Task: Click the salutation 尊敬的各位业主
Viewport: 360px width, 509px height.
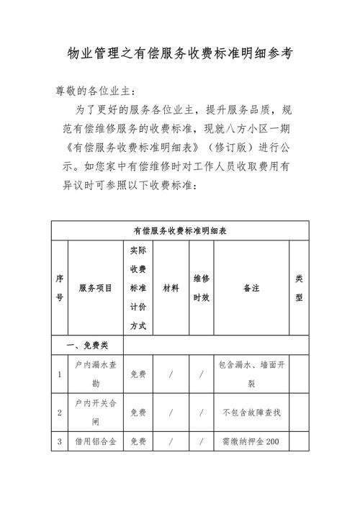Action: pos(94,91)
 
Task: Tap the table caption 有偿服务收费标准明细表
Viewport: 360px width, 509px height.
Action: pos(180,230)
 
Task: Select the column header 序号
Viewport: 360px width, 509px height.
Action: pos(59,288)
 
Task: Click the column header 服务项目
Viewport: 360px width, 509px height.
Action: pos(96,288)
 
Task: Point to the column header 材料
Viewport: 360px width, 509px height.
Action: pos(171,288)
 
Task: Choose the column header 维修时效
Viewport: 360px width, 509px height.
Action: pos(202,288)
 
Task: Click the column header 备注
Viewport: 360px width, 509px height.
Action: pos(251,288)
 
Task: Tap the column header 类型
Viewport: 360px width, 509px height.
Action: pos(299,288)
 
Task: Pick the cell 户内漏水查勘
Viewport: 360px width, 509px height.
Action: pos(96,374)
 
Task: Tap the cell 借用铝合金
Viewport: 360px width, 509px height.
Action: pos(96,441)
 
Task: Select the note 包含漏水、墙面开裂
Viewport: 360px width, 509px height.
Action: pos(251,374)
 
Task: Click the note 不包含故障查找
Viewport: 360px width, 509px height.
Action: pos(251,413)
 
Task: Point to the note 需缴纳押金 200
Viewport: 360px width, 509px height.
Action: pos(251,441)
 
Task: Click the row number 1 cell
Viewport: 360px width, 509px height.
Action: pos(59,374)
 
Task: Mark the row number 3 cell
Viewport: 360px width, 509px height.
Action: pos(59,441)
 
